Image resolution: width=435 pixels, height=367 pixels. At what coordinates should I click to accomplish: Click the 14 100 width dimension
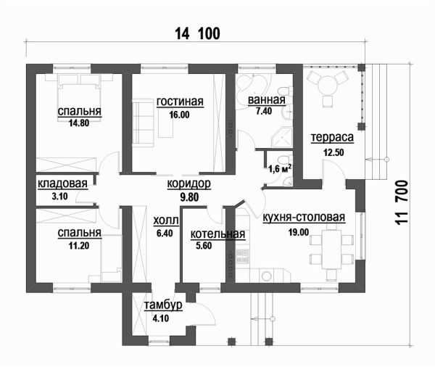pyautogui.click(x=197, y=33)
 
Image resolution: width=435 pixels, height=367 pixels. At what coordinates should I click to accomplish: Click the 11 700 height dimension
pyautogui.click(x=402, y=202)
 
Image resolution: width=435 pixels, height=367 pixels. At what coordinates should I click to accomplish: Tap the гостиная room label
pyautogui.click(x=180, y=102)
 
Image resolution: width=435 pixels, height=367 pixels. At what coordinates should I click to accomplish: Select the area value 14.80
pyautogui.click(x=79, y=123)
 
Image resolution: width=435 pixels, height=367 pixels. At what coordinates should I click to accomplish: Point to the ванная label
pyautogui.click(x=267, y=100)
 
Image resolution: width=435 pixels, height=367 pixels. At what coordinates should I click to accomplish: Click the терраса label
pyautogui.click(x=332, y=137)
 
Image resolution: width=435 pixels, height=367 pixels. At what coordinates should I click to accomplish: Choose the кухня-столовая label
pyautogui.click(x=304, y=218)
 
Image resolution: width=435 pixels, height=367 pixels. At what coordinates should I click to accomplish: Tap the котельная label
pyautogui.click(x=217, y=234)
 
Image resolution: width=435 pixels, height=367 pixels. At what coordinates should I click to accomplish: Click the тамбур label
pyautogui.click(x=163, y=305)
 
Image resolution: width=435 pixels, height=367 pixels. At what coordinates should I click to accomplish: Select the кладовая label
pyautogui.click(x=62, y=183)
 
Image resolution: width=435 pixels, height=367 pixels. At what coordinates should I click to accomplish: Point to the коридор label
pyautogui.click(x=189, y=183)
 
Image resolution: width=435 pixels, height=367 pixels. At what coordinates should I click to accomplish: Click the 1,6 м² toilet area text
pyautogui.click(x=280, y=168)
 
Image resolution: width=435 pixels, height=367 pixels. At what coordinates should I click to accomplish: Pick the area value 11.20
pyautogui.click(x=79, y=246)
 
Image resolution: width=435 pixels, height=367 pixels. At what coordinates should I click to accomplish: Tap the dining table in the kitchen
pyautogui.click(x=331, y=250)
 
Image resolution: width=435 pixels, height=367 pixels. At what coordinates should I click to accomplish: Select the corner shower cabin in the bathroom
pyautogui.click(x=283, y=137)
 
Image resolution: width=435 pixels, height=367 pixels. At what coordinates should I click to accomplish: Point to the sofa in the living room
pyautogui.click(x=143, y=123)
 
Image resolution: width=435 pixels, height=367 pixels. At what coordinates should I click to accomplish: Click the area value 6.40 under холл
pyautogui.click(x=165, y=234)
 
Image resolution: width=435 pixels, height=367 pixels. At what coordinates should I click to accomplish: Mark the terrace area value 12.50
pyautogui.click(x=333, y=153)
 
